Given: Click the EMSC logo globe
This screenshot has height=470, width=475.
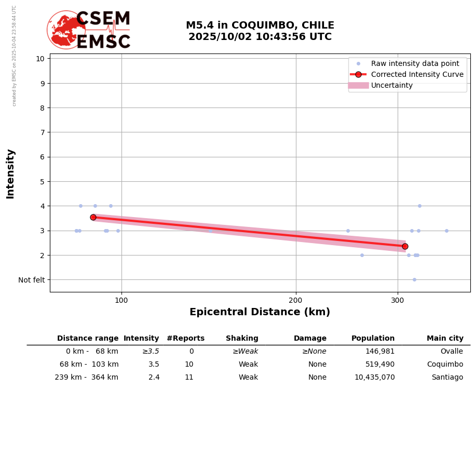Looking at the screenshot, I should (x=66, y=30).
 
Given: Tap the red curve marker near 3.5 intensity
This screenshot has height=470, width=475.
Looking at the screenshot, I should (x=93, y=217).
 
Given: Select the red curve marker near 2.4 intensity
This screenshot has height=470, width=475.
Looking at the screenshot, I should (x=405, y=246).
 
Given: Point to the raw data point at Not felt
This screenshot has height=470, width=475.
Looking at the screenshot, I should (x=414, y=279).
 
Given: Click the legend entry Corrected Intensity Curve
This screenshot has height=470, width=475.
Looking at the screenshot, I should (x=417, y=74).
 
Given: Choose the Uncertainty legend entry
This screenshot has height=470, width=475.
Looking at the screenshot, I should (x=391, y=85).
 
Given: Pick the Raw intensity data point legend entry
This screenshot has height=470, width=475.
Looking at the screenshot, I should (x=415, y=63).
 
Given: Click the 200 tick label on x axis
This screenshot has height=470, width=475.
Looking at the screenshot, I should (x=295, y=300).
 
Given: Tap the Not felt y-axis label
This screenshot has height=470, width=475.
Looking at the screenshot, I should (x=32, y=280).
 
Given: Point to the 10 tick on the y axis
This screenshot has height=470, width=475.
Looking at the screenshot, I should (x=40, y=58).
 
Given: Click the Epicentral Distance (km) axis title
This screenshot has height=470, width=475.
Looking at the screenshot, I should (x=260, y=312).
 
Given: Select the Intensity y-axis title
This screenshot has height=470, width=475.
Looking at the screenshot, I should (x=10, y=173).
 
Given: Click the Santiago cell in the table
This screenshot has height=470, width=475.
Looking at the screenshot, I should (x=447, y=378).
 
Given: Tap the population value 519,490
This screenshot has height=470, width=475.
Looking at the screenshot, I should (x=380, y=365).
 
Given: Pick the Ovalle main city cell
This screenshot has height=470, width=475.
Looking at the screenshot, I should (x=451, y=352).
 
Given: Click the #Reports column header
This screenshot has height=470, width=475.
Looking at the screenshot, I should (x=185, y=339).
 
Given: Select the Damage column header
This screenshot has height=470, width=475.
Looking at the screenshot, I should (x=310, y=339).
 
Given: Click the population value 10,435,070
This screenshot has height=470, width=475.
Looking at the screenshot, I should (x=374, y=378).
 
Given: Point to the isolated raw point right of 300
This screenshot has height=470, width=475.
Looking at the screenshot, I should (x=446, y=231).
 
